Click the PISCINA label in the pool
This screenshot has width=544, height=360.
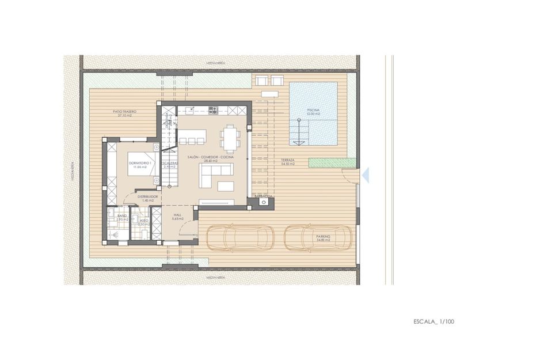coord(313,111)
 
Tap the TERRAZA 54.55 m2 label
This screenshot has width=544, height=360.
coord(288,162)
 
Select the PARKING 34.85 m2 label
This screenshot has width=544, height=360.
coord(323,238)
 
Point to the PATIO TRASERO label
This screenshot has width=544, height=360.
coord(124,113)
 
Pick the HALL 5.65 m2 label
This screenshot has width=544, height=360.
coord(178,217)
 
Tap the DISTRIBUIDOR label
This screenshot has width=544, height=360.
coord(148,198)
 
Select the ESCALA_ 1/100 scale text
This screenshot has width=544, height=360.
coord(433,321)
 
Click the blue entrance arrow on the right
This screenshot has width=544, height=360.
coord(366,175)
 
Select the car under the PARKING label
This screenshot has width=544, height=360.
coord(318,237)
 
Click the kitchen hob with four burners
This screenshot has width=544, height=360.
coord(213,109)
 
